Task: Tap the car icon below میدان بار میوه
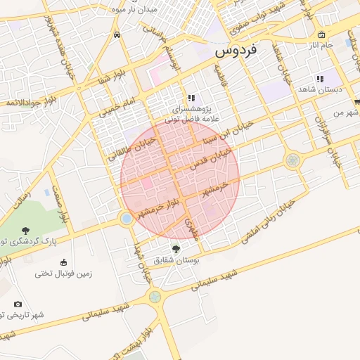(x=117, y=34)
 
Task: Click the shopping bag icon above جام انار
(x=321, y=34)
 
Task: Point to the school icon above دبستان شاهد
(x=319, y=79)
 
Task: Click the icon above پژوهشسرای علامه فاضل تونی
(x=191, y=98)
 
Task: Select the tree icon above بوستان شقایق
(x=175, y=248)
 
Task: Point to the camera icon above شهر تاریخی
(x=18, y=304)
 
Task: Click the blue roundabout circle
(x=127, y=219)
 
